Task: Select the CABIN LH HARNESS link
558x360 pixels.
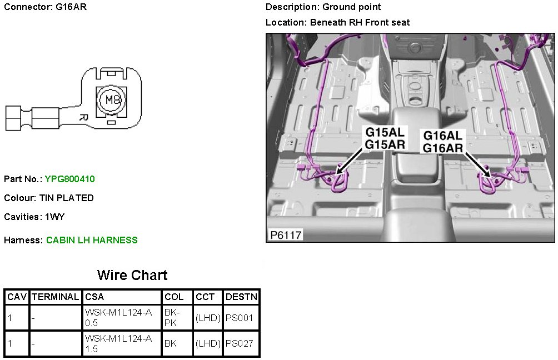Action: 92,240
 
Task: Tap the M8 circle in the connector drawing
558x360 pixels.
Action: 112,101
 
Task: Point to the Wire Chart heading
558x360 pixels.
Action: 132,275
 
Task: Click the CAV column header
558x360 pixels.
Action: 17,297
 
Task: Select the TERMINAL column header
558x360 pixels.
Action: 56,297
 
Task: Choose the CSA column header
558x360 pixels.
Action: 94,297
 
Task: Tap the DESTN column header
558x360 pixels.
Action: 241,297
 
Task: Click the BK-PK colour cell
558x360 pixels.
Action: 171,318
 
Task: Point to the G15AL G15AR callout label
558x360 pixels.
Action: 385,138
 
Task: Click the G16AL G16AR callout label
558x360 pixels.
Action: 443,142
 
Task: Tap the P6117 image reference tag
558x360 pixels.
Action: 286,235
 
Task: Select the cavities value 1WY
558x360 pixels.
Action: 55,217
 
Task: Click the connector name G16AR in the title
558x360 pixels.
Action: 71,7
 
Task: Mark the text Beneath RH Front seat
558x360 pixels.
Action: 360,22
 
